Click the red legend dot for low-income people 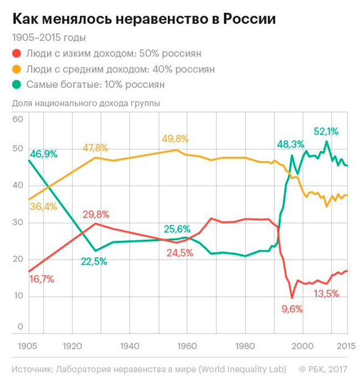click(17, 54)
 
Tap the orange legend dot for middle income click(17, 69)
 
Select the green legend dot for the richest click(17, 85)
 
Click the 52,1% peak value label click(326, 131)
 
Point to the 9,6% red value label click(292, 309)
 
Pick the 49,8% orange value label click(175, 139)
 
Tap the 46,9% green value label click(43, 154)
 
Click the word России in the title click(250, 20)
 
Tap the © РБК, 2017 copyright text click(323, 368)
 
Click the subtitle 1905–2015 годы click(49, 38)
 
